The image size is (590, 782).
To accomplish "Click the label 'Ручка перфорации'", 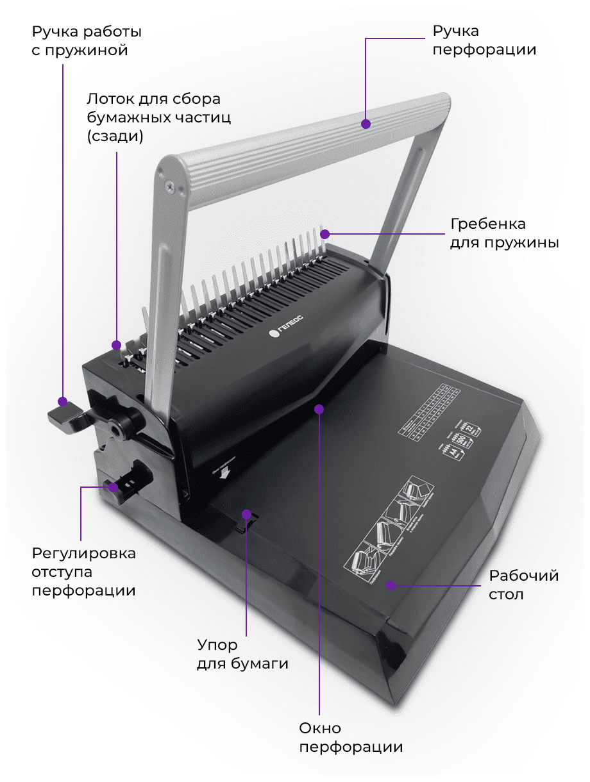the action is [484, 40].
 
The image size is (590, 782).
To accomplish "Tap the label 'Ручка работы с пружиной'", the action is [86, 40].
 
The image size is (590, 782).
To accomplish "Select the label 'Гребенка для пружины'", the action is [503, 233].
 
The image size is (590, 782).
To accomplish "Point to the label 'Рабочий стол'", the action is [523, 584].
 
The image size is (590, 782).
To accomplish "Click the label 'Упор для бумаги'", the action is [242, 654].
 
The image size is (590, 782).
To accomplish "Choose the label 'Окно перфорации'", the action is [351, 737].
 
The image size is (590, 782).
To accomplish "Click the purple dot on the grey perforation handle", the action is [366, 123].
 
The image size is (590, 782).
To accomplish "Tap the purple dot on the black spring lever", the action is [62, 402].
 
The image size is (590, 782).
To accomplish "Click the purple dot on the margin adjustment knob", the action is [114, 487].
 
